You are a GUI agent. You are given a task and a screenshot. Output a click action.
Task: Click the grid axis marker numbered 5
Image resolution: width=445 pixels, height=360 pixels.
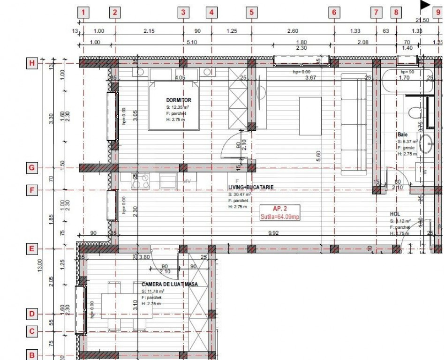[251, 13]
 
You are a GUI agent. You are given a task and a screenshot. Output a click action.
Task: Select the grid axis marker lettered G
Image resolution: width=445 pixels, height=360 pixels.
[32, 167]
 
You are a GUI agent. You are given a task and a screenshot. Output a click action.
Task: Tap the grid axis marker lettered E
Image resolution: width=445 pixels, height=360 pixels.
[32, 249]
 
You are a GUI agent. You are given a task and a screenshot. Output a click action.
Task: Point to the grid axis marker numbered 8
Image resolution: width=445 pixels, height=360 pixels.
[396, 13]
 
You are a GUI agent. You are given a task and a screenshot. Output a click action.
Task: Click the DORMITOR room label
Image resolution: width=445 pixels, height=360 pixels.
[178, 100]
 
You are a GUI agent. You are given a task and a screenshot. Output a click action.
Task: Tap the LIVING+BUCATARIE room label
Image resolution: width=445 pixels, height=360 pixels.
[250, 187]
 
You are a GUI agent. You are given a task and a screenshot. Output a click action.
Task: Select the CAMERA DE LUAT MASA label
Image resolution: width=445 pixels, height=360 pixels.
[169, 284]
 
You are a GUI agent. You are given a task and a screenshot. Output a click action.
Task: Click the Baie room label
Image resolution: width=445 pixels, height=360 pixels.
[402, 135]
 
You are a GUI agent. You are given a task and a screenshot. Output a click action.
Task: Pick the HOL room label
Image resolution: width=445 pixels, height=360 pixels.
[395, 214]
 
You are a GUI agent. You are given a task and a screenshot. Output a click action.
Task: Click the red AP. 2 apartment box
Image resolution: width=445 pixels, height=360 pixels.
[280, 212]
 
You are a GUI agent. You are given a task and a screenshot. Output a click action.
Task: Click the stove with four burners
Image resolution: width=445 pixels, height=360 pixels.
[141, 181]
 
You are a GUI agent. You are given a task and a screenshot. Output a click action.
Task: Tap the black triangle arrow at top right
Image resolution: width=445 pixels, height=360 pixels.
[424, 5]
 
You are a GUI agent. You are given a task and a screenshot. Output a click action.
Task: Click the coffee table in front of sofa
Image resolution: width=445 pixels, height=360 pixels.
[310, 116]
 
